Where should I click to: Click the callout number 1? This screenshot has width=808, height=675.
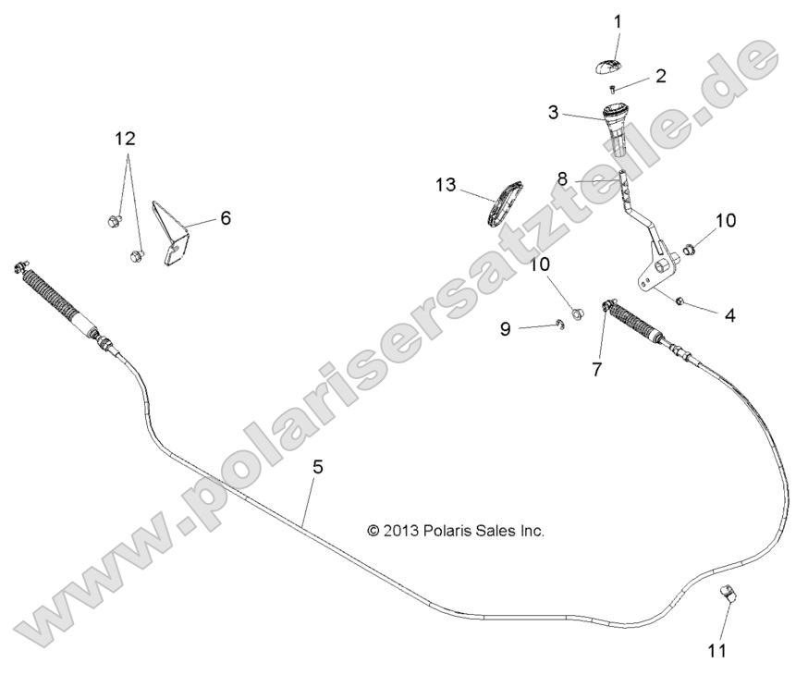618,20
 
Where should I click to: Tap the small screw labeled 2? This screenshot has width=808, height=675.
612,88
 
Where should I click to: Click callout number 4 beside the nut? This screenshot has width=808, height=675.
729,315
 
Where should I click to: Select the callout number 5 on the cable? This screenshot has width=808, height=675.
317,467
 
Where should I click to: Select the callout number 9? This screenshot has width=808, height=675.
505,328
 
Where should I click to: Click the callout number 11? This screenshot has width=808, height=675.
717,650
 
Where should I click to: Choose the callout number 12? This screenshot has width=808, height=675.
125,139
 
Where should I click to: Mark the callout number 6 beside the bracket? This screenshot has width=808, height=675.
225,218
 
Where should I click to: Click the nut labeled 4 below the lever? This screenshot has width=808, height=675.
679,301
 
